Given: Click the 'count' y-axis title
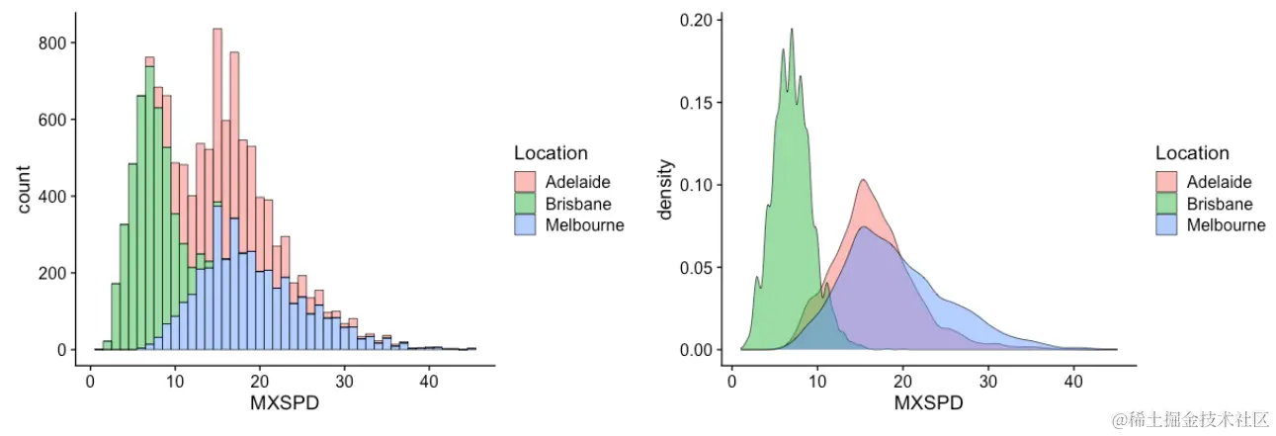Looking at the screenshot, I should (x=25, y=188).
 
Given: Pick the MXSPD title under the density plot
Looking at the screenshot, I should (x=927, y=405).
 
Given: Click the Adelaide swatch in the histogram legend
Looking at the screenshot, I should (x=525, y=182).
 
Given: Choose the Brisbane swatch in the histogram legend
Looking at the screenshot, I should (x=525, y=204).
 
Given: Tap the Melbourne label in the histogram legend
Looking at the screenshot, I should (x=585, y=225).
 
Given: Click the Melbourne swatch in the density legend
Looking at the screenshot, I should (x=1167, y=225).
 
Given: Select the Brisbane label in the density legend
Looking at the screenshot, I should (x=1220, y=204).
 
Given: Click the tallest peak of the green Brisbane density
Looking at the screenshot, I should (x=792, y=30).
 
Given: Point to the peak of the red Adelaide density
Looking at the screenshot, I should (x=863, y=180).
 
